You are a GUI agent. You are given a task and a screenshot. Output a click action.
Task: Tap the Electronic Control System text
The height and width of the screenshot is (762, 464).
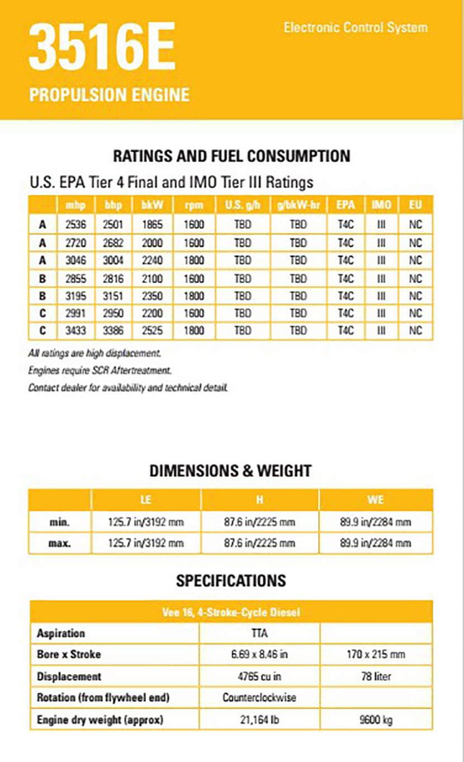(356, 27)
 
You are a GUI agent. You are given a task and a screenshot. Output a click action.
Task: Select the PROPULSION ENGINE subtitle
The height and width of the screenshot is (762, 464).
(109, 95)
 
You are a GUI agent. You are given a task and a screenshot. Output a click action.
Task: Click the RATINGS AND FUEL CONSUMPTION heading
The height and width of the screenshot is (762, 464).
(231, 156)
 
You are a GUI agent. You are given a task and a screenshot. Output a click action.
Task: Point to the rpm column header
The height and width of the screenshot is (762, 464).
(194, 205)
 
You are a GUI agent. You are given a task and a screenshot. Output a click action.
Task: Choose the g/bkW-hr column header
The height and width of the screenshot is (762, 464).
(298, 205)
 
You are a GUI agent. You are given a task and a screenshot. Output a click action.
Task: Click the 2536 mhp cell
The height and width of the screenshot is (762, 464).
(75, 225)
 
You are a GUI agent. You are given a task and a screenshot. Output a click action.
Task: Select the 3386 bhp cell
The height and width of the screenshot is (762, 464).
(113, 331)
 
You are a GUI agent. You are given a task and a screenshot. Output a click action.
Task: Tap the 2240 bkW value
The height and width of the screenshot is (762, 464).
(151, 260)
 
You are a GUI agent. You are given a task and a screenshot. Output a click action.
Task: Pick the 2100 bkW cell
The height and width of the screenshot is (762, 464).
(151, 278)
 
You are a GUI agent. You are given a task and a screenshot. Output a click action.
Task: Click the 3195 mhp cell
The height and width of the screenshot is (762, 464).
(75, 295)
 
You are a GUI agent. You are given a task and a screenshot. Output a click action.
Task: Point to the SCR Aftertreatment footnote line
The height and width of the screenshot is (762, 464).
(100, 370)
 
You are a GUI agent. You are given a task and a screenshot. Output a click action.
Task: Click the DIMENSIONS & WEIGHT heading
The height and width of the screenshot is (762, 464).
(230, 471)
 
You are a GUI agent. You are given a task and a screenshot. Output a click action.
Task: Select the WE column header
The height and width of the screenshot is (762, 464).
(376, 500)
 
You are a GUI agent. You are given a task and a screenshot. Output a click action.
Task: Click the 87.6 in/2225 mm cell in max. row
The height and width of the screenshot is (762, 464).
(259, 543)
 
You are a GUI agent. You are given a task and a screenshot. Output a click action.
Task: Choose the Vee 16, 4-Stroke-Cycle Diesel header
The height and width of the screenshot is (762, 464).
(231, 612)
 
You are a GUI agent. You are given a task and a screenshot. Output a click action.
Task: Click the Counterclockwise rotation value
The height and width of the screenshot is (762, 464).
(259, 698)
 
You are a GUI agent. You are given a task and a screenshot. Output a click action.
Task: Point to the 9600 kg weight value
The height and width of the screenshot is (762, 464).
(376, 719)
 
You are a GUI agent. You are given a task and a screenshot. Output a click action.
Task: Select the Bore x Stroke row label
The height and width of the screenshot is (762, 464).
(69, 654)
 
